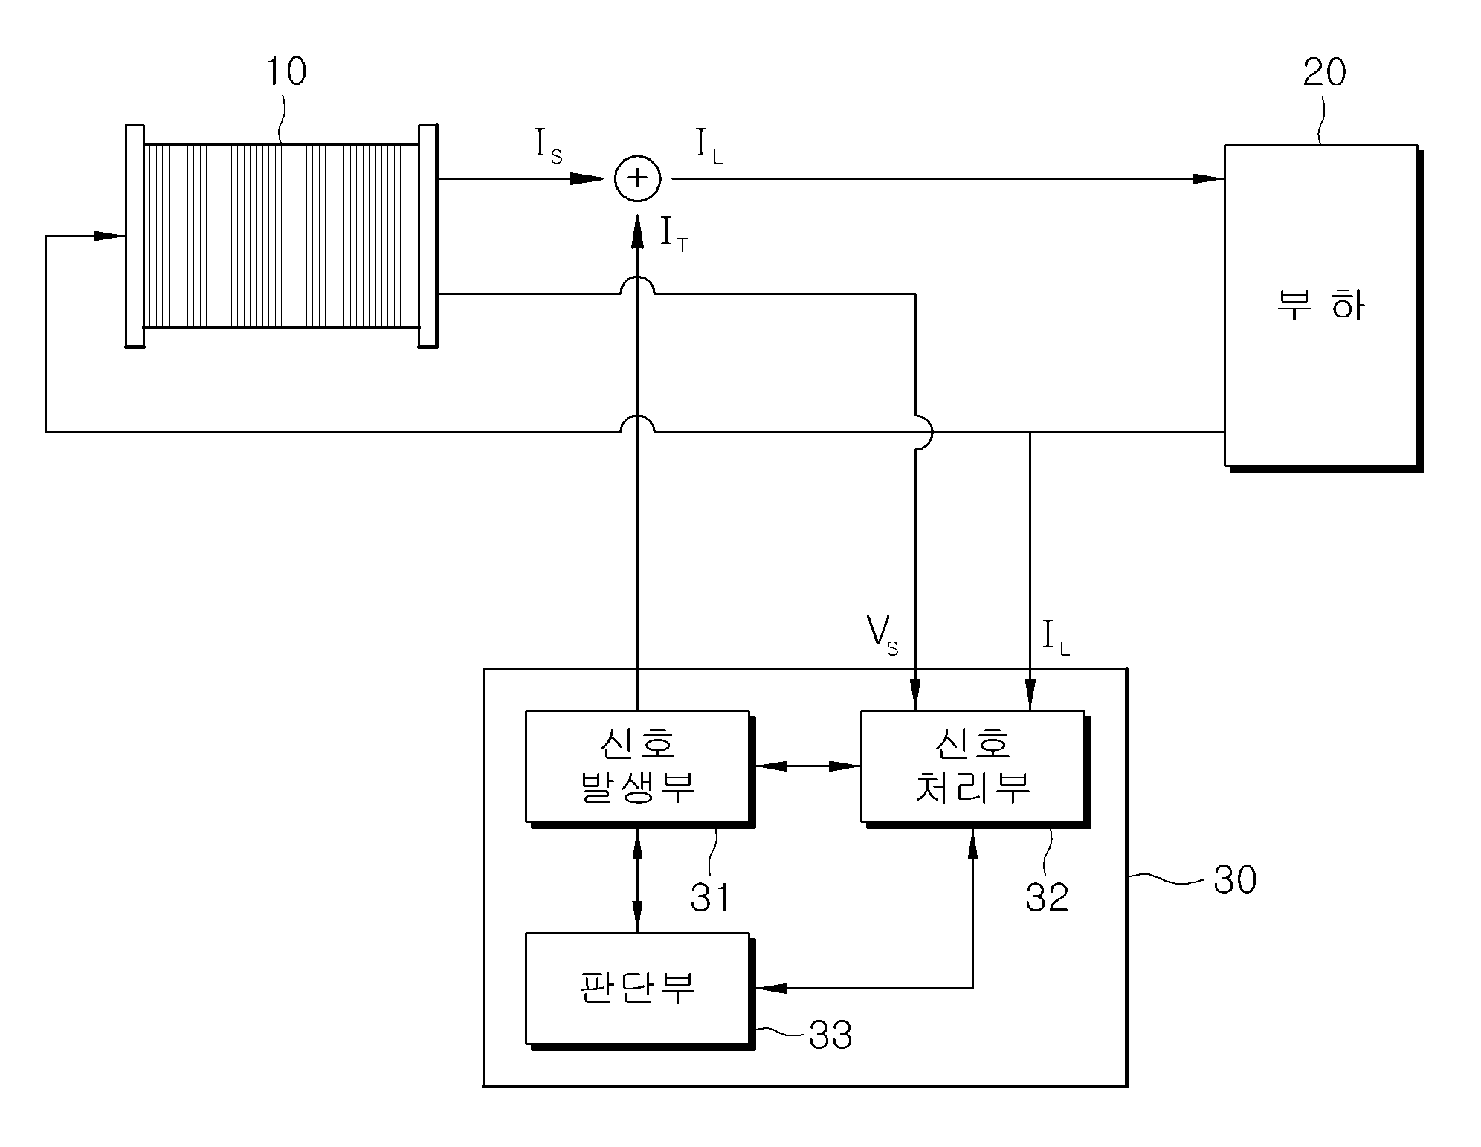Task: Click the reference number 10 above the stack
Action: click(x=285, y=72)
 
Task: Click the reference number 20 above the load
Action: click(x=1324, y=73)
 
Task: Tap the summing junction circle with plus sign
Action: click(x=637, y=179)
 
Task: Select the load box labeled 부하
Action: click(x=1321, y=306)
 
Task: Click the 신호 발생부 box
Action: click(x=637, y=766)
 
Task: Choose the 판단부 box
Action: click(x=637, y=989)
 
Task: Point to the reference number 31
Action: click(x=710, y=897)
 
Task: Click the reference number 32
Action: click(x=1047, y=897)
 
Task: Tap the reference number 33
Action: click(x=830, y=1035)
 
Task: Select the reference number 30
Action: click(x=1235, y=879)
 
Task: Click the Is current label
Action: click(x=548, y=146)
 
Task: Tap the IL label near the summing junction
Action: click(x=709, y=146)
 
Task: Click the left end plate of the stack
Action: click(x=135, y=236)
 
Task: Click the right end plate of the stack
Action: click(x=427, y=236)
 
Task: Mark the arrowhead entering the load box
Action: click(x=1208, y=178)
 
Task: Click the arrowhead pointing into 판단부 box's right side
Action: click(x=770, y=988)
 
